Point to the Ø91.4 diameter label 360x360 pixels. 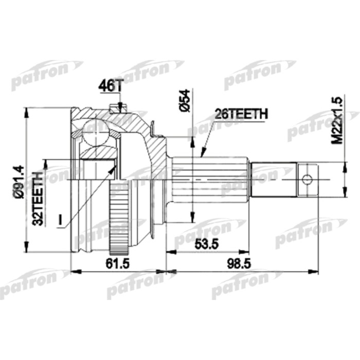pyautogui.click(x=17, y=181)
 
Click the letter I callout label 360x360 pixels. pyautogui.click(x=60, y=220)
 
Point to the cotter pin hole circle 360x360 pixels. pyautogui.click(x=307, y=179)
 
